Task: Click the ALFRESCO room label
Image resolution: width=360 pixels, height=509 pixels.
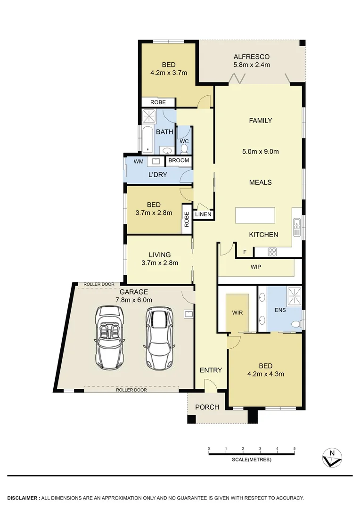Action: click(x=252, y=57)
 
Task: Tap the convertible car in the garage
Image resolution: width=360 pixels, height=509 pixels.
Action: click(x=110, y=337)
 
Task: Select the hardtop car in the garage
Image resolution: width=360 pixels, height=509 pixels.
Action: click(x=158, y=337)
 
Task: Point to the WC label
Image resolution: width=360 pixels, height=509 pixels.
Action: click(x=184, y=141)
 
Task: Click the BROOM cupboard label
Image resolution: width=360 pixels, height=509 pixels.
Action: click(x=179, y=161)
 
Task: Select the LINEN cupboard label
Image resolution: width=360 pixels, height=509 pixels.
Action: click(x=203, y=214)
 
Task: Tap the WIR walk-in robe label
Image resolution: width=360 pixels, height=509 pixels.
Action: click(x=237, y=312)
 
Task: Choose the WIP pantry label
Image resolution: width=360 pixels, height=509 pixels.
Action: click(x=256, y=267)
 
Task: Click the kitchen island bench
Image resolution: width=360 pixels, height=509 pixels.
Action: click(x=255, y=216)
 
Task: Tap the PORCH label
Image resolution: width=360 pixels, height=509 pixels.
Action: click(x=207, y=407)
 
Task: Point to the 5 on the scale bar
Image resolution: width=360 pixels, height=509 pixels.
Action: click(x=295, y=449)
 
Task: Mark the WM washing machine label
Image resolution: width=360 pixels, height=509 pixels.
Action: click(x=139, y=162)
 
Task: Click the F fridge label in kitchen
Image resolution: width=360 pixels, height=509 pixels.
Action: click(x=245, y=252)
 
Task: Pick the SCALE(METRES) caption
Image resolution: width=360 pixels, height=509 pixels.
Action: click(x=252, y=460)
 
